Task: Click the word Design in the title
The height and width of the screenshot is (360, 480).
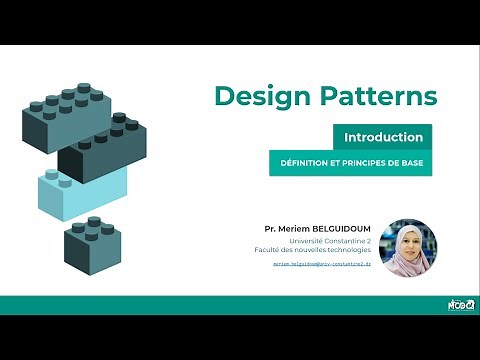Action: pyautogui.click(x=261, y=97)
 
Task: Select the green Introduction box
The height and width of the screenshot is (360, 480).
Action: pyautogui.click(x=383, y=137)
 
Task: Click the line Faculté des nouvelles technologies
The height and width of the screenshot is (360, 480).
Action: pyautogui.click(x=320, y=250)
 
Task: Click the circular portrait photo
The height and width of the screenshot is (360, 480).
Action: pyautogui.click(x=408, y=248)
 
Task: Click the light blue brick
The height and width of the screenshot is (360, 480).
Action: pyautogui.click(x=82, y=190)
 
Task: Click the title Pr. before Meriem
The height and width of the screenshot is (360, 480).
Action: pyautogui.click(x=270, y=229)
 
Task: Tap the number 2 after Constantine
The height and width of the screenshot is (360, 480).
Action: pyautogui.click(x=368, y=241)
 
